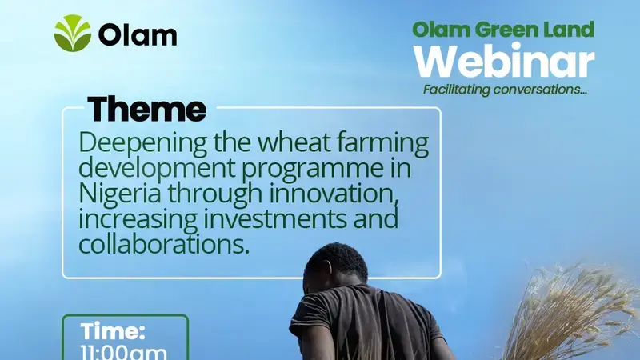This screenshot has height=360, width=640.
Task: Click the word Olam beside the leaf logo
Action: click(138, 35)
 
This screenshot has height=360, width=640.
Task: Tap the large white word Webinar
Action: click(508, 62)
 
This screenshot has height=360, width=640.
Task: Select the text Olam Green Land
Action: click(503, 30)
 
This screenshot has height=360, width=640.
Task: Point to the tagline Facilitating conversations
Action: click(505, 90)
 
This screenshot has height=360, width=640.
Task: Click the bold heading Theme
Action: click(146, 110)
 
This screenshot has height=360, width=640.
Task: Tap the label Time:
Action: click(113, 332)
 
